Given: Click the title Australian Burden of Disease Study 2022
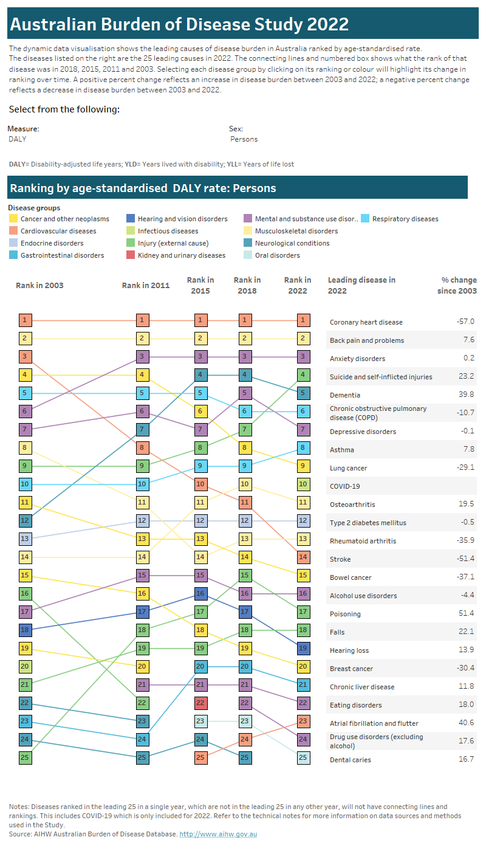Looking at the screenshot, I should (x=179, y=24).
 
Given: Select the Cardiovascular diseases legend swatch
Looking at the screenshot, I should (x=13, y=231).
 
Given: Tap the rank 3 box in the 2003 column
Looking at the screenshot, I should (x=25, y=357).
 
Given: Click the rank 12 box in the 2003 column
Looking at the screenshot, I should (x=25, y=520).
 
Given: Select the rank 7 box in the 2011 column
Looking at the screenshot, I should (x=142, y=430).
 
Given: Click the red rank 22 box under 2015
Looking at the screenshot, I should (x=200, y=703).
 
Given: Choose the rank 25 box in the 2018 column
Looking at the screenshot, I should (x=245, y=757).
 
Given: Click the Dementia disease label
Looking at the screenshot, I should (x=344, y=395).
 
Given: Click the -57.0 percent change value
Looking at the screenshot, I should (x=465, y=322).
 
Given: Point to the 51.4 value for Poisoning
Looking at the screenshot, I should (x=466, y=614).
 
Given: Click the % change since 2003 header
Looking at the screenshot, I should (x=459, y=285).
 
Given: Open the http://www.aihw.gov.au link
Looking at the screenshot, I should (x=218, y=834).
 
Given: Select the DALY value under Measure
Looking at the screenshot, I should (x=18, y=139).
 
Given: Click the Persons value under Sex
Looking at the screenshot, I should (x=244, y=139).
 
